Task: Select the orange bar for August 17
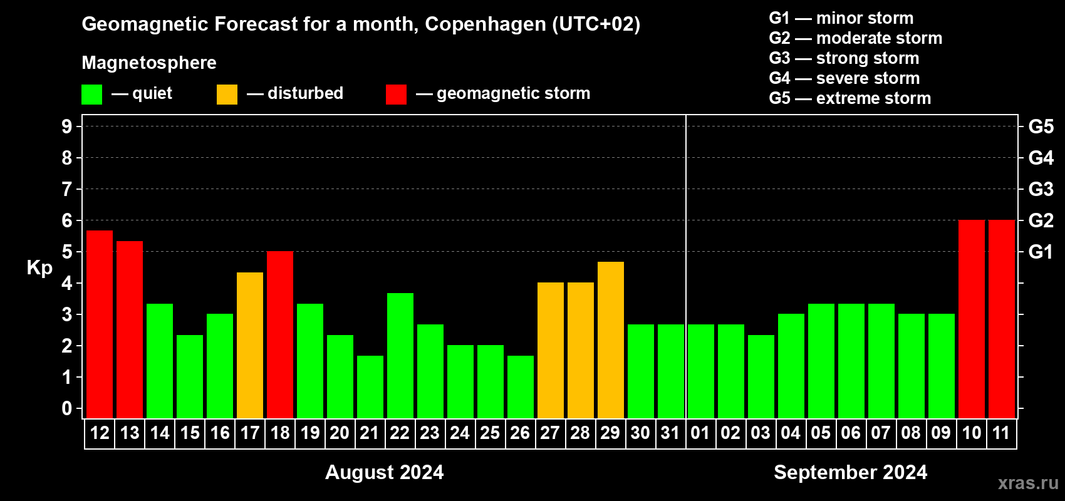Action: [250, 345]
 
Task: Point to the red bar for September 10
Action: [972, 319]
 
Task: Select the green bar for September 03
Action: [761, 376]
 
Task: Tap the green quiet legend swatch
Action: [92, 95]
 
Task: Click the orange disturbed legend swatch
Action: [227, 95]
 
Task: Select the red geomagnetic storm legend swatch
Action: [396, 95]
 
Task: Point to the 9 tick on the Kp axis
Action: [67, 127]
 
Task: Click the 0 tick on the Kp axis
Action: [67, 409]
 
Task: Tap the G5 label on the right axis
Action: [1041, 127]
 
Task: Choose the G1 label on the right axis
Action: [1041, 252]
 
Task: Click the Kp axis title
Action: [39, 268]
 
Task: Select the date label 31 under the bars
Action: [670, 433]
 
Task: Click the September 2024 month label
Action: [850, 472]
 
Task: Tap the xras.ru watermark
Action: [1028, 483]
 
